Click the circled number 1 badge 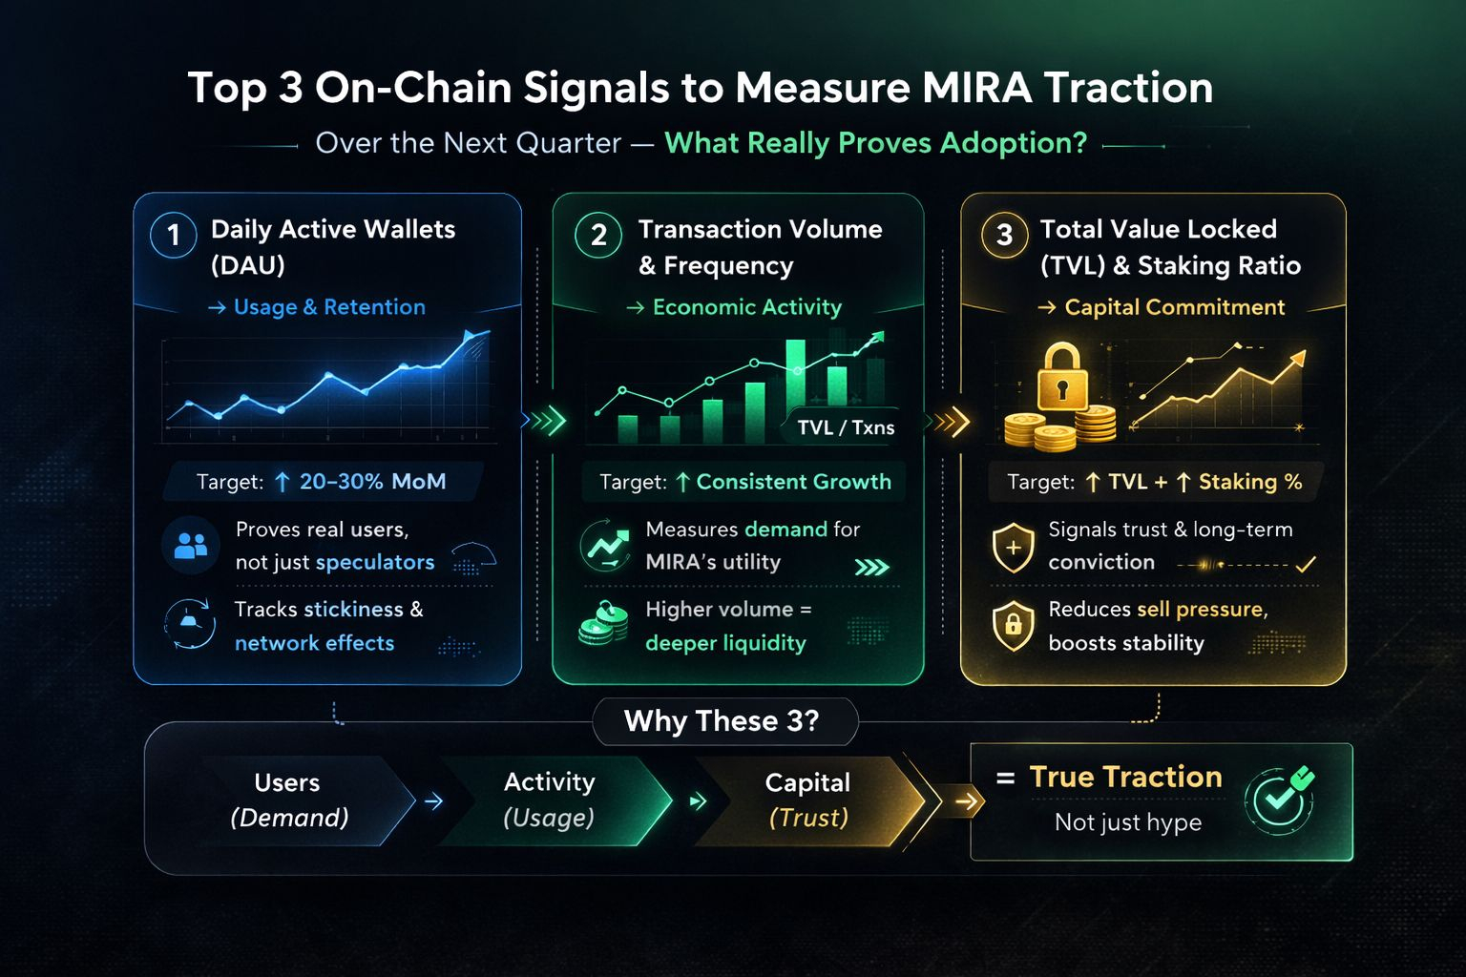[x=174, y=235]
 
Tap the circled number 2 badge [x=598, y=235]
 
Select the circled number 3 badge [x=1004, y=235]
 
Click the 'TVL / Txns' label [x=846, y=427]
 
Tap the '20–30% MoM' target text [x=372, y=482]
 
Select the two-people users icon [x=191, y=546]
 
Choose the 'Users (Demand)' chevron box [x=288, y=800]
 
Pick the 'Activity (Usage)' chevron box [x=549, y=800]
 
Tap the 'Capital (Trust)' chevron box [x=807, y=800]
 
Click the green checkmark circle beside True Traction [x=1280, y=799]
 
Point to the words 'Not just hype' [x=1127, y=822]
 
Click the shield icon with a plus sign [x=1013, y=548]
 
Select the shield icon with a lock [x=1013, y=626]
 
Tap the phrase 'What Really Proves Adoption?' [x=875, y=143]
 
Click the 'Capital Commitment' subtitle [x=1174, y=307]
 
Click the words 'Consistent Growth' [x=793, y=482]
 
